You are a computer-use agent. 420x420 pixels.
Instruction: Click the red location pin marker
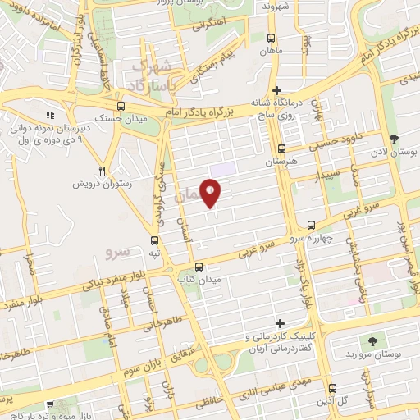click(x=212, y=191)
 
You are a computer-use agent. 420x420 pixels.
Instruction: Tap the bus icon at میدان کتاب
click(x=199, y=266)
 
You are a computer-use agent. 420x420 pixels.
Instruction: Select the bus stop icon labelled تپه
click(x=155, y=240)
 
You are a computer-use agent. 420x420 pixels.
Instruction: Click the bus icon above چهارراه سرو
click(x=311, y=225)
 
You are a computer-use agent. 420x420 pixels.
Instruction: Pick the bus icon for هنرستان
click(x=281, y=149)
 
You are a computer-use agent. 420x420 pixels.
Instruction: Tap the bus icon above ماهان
click(x=272, y=38)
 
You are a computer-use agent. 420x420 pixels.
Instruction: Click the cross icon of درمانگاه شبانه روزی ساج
click(x=276, y=90)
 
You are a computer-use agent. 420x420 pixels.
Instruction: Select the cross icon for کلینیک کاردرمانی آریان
click(x=281, y=323)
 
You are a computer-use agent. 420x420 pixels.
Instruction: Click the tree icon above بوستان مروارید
click(x=373, y=339)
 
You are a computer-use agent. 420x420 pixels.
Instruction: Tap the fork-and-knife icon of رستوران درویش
click(x=102, y=171)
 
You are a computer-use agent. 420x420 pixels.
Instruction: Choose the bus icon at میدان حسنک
click(x=121, y=106)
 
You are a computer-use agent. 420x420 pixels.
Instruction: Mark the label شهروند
click(x=278, y=7)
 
